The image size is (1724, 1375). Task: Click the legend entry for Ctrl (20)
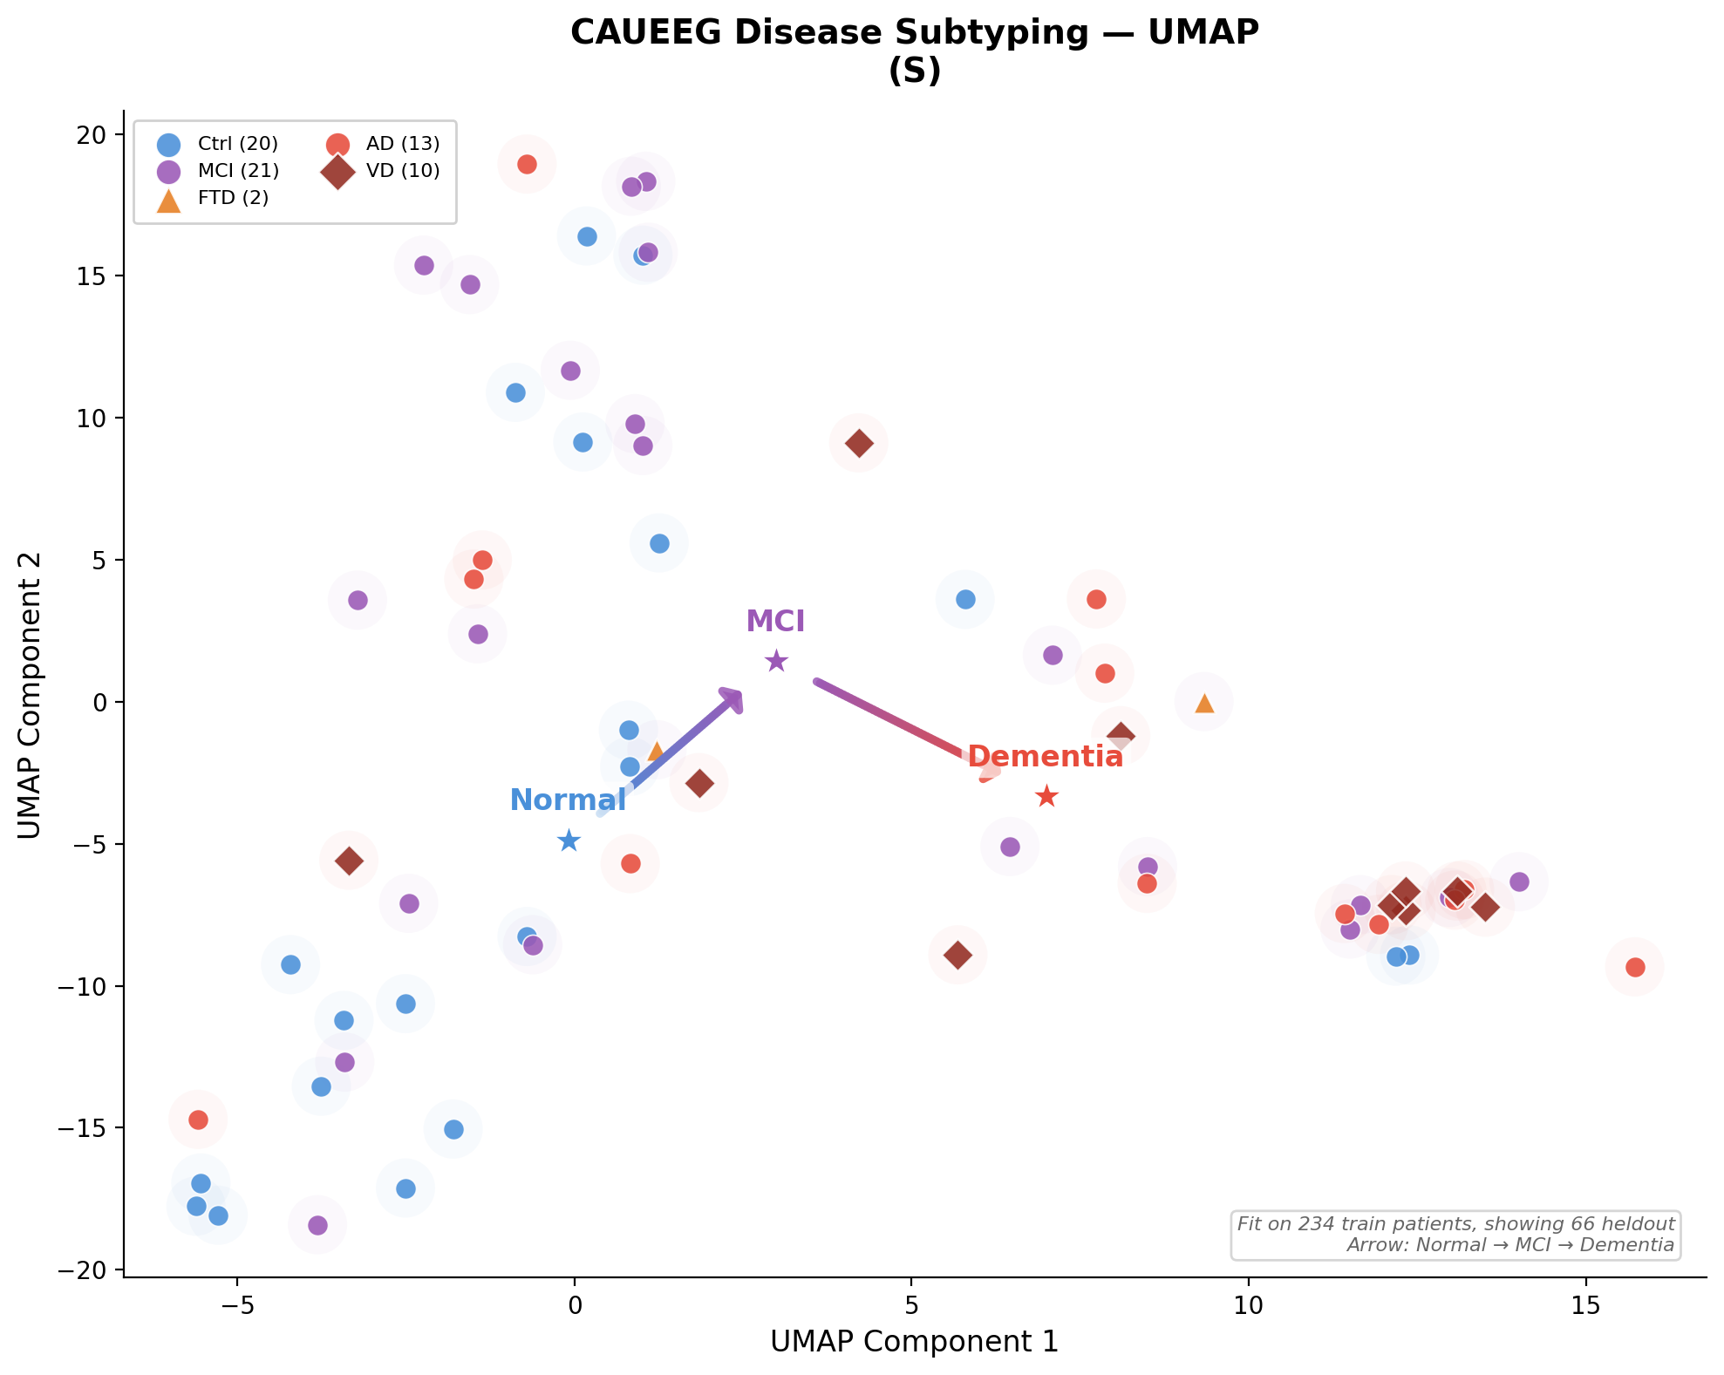(218, 144)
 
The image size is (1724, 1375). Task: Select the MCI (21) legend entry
(218, 171)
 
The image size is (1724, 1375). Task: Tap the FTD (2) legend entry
(214, 198)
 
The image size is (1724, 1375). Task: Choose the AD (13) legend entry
(384, 144)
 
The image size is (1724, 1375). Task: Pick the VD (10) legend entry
(384, 171)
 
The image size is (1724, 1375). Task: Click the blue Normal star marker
(569, 841)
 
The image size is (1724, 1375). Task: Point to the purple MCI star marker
(776, 661)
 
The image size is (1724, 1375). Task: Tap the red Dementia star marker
(1046, 796)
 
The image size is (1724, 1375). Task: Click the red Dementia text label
(1045, 757)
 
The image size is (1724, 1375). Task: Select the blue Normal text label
(567, 800)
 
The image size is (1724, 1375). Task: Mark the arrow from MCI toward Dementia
(898, 724)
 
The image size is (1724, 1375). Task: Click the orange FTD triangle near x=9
(1204, 703)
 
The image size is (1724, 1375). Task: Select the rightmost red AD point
(1635, 967)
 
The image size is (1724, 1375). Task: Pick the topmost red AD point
(527, 164)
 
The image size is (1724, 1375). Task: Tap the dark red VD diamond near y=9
(859, 443)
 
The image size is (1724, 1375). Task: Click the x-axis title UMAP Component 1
(914, 1342)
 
